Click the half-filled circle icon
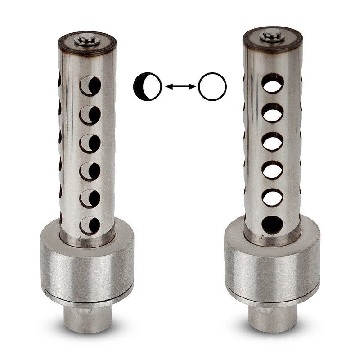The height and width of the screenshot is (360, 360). pos(147,85)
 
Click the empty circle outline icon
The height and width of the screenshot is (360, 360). pos(212,85)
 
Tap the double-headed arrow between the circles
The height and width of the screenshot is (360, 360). pos(180,85)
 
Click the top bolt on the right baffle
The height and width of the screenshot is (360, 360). pos(271,36)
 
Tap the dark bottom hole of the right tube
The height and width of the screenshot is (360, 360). pos(271,223)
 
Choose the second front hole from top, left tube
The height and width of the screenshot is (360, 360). pos(92,114)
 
